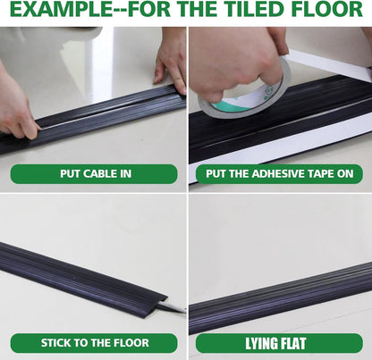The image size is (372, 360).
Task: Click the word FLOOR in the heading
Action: coord(332,12)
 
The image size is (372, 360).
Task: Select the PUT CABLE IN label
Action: coord(94,173)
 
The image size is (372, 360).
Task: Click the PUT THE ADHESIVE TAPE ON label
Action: coord(279,173)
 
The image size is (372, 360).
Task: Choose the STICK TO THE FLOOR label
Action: coord(94,342)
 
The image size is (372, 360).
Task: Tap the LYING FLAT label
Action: coord(279,342)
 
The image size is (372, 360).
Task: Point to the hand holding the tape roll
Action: coord(234,63)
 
